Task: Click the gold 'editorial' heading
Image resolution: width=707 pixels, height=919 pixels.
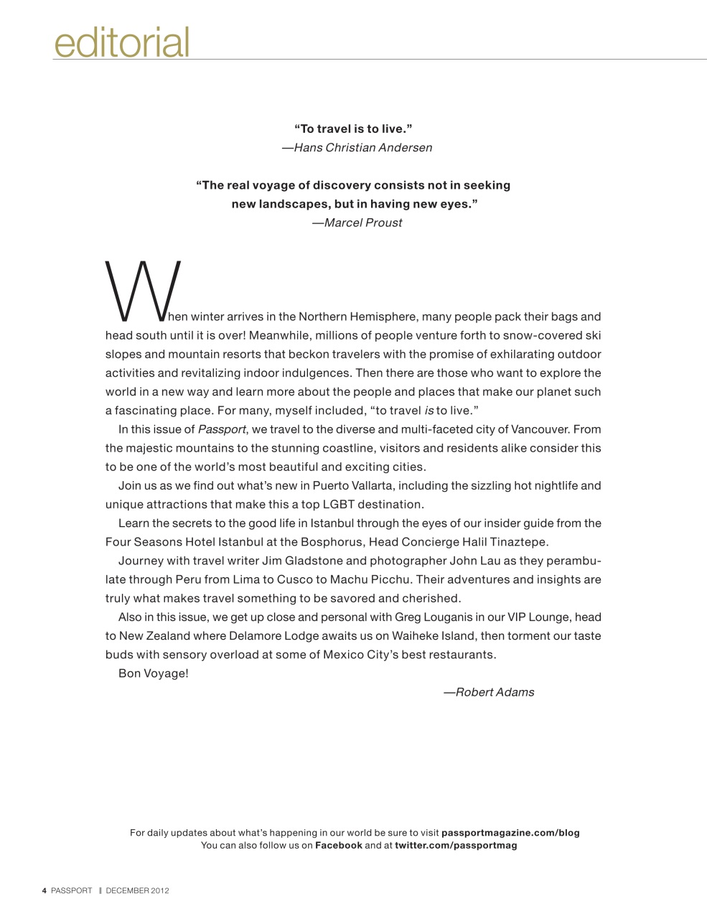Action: click(x=121, y=42)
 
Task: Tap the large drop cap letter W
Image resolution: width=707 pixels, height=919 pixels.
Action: click(x=143, y=291)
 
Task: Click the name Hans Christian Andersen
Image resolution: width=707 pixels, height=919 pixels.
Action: click(x=363, y=148)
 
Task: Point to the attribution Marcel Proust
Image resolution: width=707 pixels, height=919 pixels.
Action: click(x=363, y=223)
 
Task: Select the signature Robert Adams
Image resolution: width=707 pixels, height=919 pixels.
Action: click(x=495, y=693)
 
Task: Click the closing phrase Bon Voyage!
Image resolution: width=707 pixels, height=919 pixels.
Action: click(x=153, y=673)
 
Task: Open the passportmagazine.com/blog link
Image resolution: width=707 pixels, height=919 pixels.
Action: click(x=510, y=833)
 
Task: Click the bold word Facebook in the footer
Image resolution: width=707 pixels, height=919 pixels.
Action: click(x=339, y=845)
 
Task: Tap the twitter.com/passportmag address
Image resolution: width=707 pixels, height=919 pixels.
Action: click(x=456, y=845)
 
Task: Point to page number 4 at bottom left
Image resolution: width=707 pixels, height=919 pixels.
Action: click(x=45, y=891)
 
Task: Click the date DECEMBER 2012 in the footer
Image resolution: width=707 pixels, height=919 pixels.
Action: click(x=137, y=891)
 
